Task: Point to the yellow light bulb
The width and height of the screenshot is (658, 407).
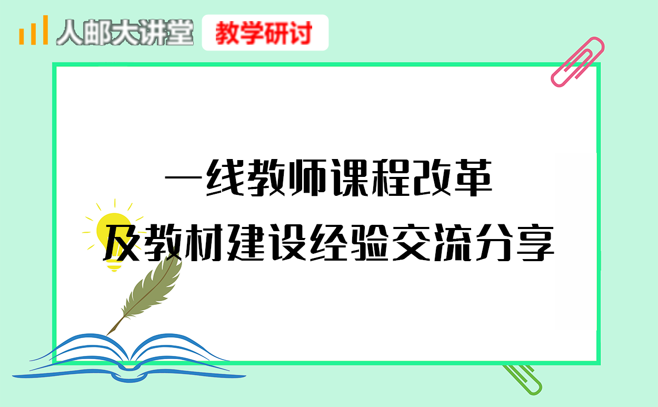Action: [114, 235]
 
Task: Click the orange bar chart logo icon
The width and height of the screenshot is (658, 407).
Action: [33, 30]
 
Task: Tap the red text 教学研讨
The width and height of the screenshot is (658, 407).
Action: [264, 33]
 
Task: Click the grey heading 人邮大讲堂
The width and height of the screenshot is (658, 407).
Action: [125, 32]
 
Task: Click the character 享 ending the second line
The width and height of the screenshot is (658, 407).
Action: [535, 242]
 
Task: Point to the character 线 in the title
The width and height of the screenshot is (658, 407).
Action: [226, 178]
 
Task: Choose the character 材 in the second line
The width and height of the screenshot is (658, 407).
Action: [203, 243]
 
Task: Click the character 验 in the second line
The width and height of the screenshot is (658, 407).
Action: [370, 243]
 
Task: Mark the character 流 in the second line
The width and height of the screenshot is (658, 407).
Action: [453, 243]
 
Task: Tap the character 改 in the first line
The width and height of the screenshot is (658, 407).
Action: [432, 178]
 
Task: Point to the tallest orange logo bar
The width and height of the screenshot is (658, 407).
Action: [45, 30]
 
